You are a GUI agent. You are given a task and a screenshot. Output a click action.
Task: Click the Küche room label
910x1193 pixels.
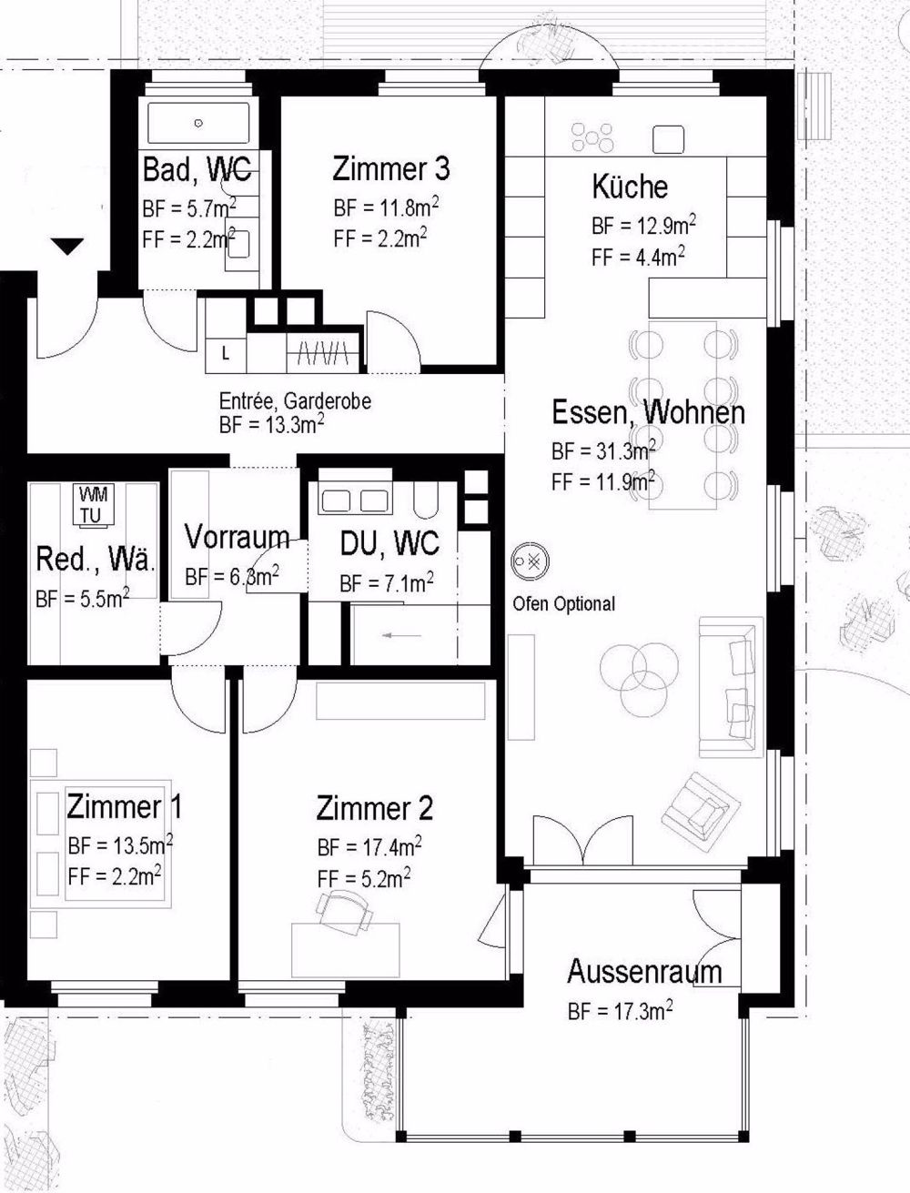[630, 187]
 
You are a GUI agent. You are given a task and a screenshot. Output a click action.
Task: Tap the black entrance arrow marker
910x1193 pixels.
[67, 247]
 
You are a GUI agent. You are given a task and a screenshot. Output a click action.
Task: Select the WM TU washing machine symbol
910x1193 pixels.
[92, 505]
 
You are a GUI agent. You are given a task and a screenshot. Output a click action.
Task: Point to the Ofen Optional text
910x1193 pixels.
[563, 603]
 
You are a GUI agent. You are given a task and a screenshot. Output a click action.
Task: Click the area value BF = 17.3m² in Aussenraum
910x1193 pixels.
[620, 1010]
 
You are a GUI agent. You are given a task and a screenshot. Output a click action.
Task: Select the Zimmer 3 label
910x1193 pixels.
[390, 169]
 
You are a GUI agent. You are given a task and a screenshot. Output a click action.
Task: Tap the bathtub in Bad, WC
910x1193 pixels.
[197, 123]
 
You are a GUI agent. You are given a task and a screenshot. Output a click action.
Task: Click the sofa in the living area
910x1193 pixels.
[731, 686]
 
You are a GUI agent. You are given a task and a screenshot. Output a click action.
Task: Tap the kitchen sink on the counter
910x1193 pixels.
[669, 139]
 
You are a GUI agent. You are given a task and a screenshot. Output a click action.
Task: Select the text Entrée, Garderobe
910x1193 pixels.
[295, 401]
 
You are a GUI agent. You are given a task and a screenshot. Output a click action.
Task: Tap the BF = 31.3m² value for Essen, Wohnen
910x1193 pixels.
[603, 451]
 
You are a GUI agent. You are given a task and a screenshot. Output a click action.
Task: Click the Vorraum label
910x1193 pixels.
[237, 538]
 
